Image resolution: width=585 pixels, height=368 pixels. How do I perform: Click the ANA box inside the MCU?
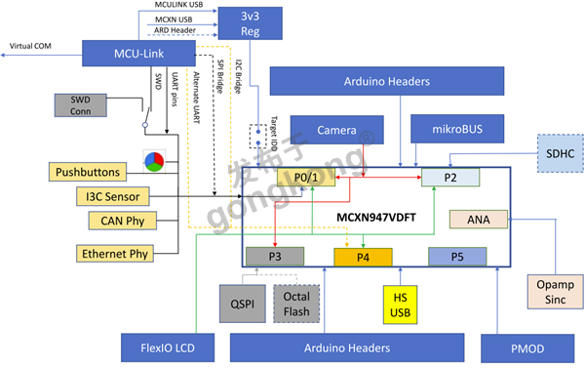pos(477,219)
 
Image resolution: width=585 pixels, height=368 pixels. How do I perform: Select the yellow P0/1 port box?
pos(304,177)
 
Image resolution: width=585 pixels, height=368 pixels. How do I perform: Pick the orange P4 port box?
pos(363,257)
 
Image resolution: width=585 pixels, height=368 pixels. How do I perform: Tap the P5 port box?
pos(457,257)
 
